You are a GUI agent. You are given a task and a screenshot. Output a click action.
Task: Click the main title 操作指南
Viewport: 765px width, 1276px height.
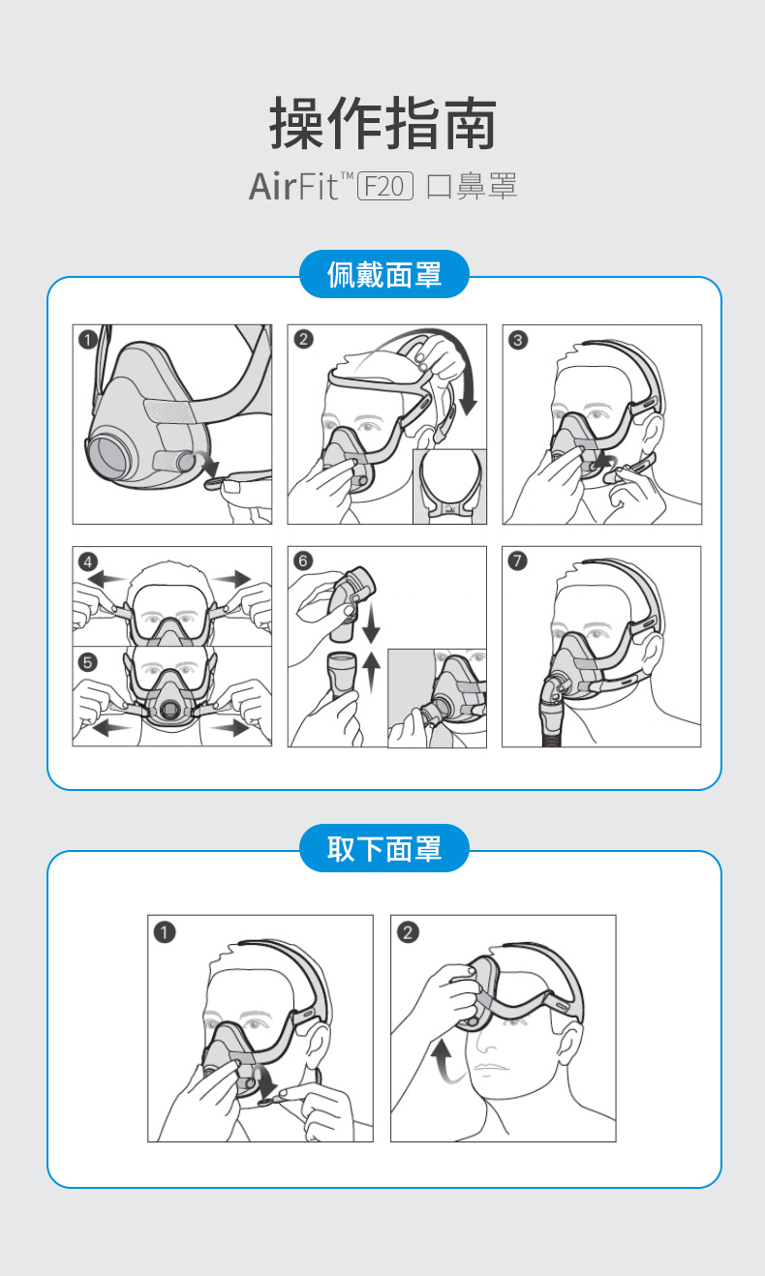pos(382,123)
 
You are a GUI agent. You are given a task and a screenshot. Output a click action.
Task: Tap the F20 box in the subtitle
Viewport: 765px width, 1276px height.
pos(385,186)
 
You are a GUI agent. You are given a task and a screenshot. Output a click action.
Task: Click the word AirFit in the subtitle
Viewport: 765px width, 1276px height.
pos(294,186)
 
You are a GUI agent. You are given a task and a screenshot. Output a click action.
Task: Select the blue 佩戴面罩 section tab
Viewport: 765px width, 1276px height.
pos(383,274)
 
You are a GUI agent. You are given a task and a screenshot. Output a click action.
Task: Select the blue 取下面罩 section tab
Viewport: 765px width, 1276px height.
pos(383,848)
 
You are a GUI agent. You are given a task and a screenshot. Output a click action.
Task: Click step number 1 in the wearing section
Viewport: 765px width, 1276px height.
pos(88,340)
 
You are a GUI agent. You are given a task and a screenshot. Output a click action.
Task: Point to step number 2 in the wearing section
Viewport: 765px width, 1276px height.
pos(303,340)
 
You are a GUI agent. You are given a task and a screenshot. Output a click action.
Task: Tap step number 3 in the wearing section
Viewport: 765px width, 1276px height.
pos(518,340)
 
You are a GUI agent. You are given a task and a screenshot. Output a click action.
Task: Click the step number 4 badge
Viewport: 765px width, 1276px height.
pos(88,562)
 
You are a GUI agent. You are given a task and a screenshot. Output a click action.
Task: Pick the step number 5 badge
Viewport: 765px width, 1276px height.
pos(88,662)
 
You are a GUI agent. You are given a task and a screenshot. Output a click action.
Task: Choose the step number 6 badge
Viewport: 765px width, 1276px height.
pos(302,561)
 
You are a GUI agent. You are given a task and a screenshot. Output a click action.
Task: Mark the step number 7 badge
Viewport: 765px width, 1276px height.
pos(517,561)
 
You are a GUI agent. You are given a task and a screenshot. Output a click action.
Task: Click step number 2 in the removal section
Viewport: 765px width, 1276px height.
pos(408,932)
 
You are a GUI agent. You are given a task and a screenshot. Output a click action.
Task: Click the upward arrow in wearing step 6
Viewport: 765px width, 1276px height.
pos(371,673)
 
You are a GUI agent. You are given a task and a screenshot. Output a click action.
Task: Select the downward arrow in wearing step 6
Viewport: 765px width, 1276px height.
pos(371,623)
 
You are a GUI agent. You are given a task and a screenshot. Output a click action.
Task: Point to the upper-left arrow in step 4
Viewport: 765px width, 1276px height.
pos(107,579)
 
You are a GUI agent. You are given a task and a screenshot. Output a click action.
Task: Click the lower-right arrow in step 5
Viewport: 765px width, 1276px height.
pos(230,727)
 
